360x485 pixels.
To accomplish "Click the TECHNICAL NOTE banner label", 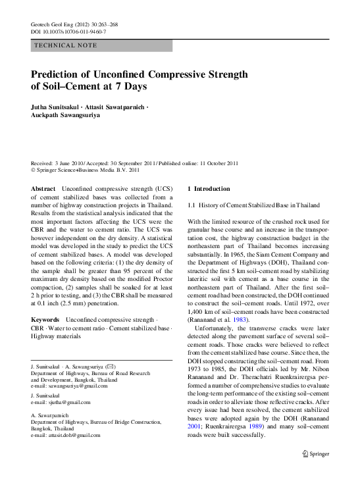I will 64,45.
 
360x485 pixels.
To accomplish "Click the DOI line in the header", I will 68,32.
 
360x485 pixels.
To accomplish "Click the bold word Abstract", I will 43,188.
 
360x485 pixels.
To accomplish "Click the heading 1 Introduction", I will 209,188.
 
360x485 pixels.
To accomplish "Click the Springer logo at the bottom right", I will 316,472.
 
